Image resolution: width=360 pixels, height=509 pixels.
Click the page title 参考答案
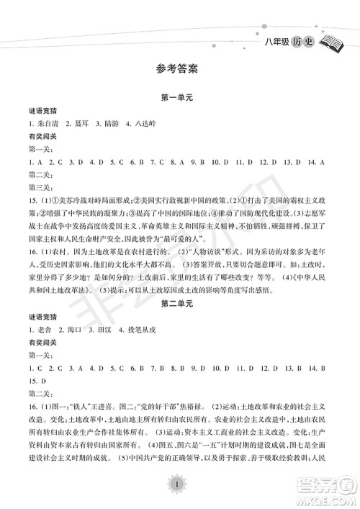tap(180, 70)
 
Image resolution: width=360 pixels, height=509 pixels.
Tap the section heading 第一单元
tap(180, 98)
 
